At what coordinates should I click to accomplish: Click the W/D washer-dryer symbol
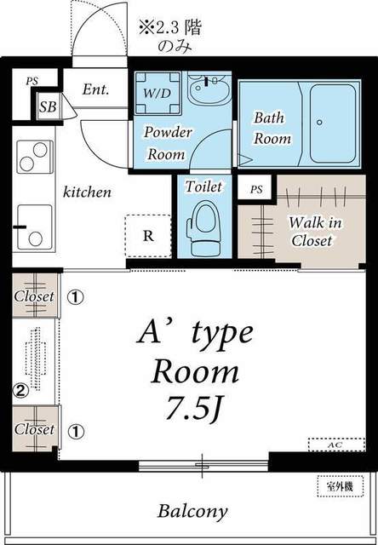pos(158,93)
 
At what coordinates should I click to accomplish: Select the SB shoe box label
pos(48,106)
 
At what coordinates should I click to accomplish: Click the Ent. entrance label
pos(95,89)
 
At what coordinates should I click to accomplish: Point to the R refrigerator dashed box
pos(148,236)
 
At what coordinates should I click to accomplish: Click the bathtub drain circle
pos(319,122)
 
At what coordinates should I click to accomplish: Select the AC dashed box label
pos(336,445)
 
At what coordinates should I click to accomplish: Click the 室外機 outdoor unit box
pos(341,486)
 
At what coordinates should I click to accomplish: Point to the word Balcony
pos(192,512)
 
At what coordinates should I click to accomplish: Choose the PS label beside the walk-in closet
pos(256,190)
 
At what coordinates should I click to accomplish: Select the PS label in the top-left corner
pos(31,82)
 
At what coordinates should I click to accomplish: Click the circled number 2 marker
pos(20,391)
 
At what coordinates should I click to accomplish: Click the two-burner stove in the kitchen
pos(34,157)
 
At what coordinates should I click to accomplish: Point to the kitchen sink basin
pos(34,227)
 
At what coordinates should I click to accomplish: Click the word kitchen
pos(87,192)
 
